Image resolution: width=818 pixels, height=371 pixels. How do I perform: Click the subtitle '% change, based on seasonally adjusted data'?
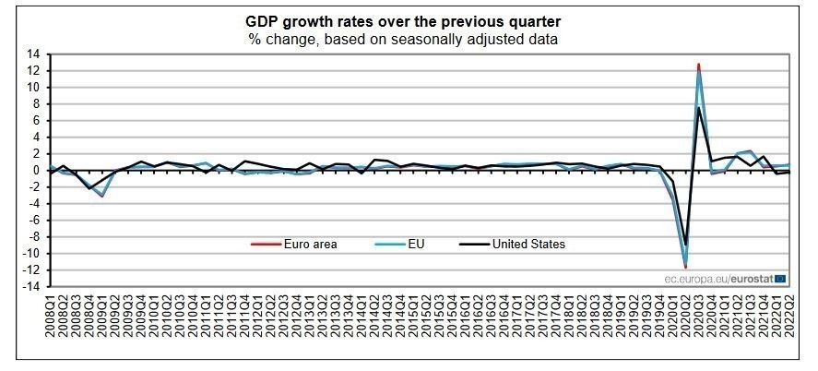tap(402, 40)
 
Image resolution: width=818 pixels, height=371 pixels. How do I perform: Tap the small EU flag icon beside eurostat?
tap(780, 276)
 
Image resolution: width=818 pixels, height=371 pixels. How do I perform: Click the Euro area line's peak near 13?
tap(698, 65)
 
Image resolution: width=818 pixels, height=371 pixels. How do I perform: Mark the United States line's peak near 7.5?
tap(698, 108)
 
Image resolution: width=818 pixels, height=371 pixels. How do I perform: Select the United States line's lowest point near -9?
tap(685, 245)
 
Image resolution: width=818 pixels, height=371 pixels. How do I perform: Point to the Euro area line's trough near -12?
tap(685, 268)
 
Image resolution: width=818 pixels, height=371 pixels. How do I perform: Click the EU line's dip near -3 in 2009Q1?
tap(101, 196)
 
